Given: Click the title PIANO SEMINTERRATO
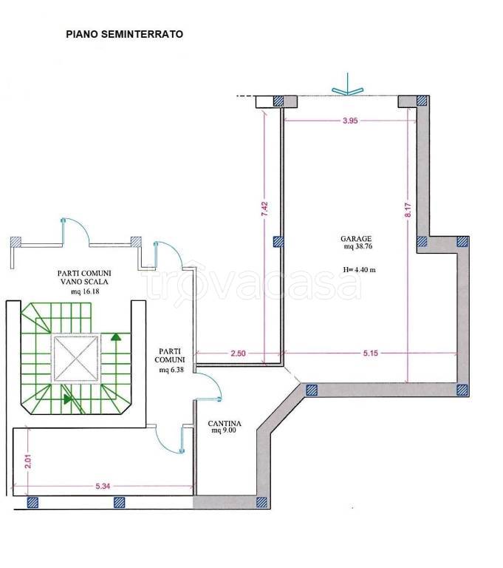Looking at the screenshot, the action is click(x=125, y=35).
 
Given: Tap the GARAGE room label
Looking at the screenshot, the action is click(x=356, y=239).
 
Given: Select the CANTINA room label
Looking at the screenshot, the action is click(x=225, y=424).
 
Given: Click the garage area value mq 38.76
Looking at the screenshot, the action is click(x=358, y=246).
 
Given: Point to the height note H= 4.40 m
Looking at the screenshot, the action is click(x=359, y=269).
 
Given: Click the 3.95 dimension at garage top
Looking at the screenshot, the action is click(x=350, y=121).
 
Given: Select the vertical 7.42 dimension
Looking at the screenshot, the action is click(x=265, y=209).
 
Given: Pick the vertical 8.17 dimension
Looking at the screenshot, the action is click(x=408, y=210).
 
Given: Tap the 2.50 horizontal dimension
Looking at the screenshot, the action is click(x=238, y=354).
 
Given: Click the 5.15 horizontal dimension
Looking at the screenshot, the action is click(x=371, y=354).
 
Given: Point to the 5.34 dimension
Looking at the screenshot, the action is click(x=103, y=486).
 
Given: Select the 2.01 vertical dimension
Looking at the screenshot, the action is click(x=28, y=461).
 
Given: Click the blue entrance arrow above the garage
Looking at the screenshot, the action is click(x=347, y=85).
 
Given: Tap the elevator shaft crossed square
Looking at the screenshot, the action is click(x=76, y=359).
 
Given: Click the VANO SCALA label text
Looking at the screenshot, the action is click(x=84, y=282).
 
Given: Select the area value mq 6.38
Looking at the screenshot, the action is click(x=171, y=371).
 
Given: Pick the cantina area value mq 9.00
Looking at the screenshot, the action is click(x=224, y=430).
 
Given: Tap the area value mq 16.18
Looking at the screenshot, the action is click(x=85, y=291).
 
